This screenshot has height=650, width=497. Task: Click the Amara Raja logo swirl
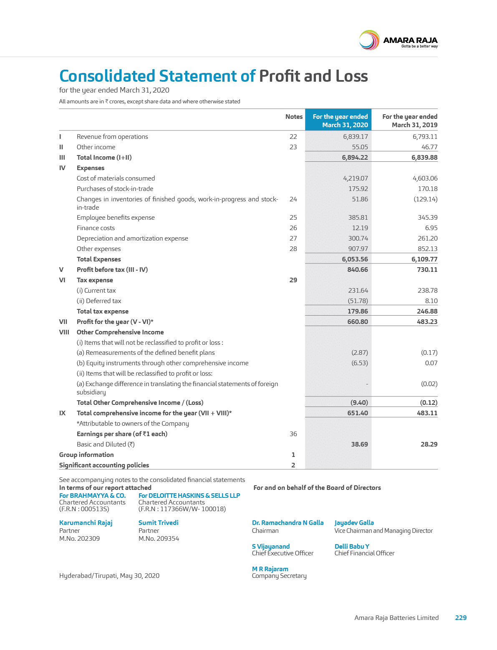(369, 40)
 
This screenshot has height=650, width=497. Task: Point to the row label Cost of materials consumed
(116, 178)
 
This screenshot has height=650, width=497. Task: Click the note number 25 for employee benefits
(293, 218)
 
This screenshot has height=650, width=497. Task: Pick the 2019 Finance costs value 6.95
(431, 228)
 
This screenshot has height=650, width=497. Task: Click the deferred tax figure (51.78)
(358, 301)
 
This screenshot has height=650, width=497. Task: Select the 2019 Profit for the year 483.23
(427, 322)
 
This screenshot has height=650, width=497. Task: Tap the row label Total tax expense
(103, 311)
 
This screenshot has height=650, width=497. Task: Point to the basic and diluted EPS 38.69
(359, 444)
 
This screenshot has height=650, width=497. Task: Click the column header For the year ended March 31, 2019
(410, 121)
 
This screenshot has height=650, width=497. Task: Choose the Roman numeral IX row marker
(62, 413)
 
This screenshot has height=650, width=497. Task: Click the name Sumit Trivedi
(158, 523)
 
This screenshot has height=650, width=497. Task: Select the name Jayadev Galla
(354, 523)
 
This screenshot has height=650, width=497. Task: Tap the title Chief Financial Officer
(364, 553)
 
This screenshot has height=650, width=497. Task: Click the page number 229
(461, 618)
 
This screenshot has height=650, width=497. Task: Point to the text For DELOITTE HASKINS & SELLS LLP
(189, 495)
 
